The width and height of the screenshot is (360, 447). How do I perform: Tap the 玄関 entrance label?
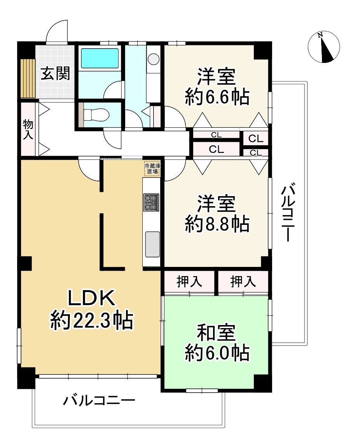coord(56,73)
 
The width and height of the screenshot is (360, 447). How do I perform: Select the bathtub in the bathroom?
coord(100,58)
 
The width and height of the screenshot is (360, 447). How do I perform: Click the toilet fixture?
coord(93,115)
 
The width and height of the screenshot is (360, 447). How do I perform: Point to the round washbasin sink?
coord(154,59)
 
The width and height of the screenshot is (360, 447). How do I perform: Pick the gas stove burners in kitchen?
coord(151,202)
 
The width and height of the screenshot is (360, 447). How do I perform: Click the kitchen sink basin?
coord(152,244)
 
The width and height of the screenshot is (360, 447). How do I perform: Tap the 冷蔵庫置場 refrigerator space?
coord(152,169)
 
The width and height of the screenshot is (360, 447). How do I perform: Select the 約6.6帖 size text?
coord(217,97)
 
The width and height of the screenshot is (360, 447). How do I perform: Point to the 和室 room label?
coord(216,333)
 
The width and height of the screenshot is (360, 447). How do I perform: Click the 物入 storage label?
coord(28,129)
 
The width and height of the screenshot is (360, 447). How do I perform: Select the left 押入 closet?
coord(189,282)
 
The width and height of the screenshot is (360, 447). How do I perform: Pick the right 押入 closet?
coord(243,282)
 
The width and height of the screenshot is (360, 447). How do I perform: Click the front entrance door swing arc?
coord(56,31)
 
